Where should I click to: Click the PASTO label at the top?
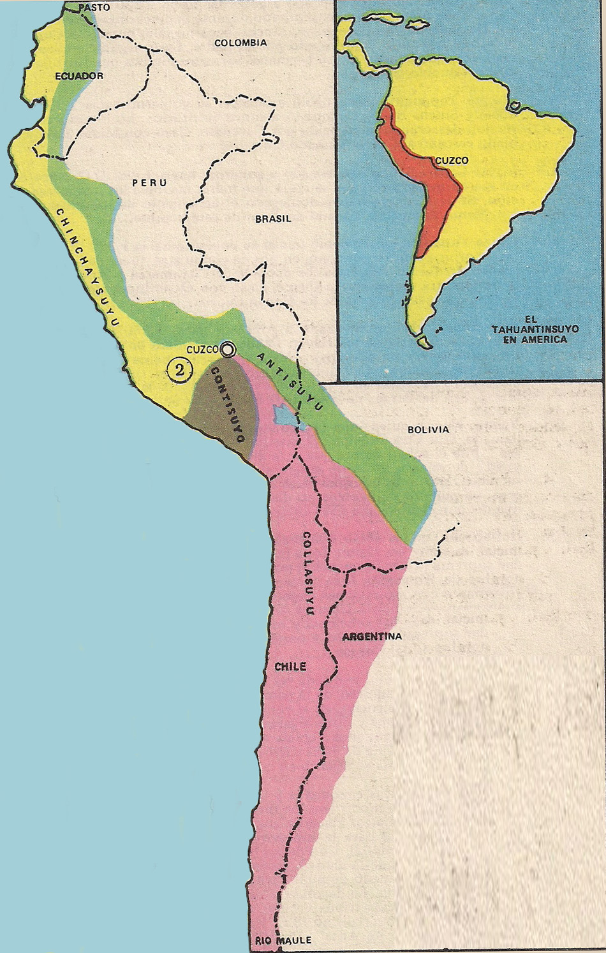point(94,8)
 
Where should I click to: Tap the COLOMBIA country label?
point(240,43)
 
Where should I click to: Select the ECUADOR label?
point(79,76)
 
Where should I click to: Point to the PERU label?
point(150,182)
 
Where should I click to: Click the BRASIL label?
point(273,219)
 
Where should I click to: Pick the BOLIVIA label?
point(428,429)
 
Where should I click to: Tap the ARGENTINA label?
point(372,636)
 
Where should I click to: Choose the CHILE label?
point(290,667)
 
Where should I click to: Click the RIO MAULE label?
point(283,940)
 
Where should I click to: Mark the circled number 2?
point(180,369)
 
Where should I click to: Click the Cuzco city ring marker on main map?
point(228,349)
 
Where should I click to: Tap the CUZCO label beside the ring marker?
point(202,350)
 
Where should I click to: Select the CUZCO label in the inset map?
point(452,161)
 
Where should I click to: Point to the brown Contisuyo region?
point(220,408)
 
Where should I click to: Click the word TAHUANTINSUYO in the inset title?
point(535,329)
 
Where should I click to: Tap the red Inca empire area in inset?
point(434,204)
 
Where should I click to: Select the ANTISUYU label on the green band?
point(292,380)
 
